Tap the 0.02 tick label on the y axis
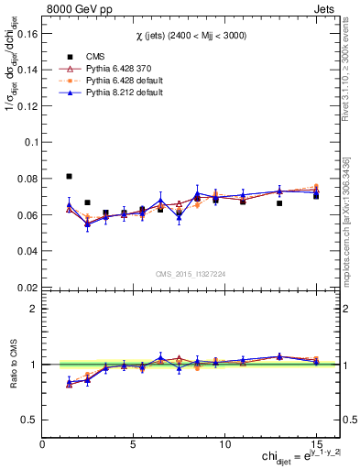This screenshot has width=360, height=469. click(27, 287)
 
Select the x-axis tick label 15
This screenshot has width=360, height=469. click(315, 443)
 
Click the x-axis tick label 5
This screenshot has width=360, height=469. click(135, 443)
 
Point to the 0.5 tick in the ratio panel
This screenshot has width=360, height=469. click(29, 420)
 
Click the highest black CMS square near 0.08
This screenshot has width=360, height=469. click(70, 176)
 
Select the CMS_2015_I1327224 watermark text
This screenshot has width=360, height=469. click(191, 273)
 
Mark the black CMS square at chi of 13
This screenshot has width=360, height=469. click(279, 203)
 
